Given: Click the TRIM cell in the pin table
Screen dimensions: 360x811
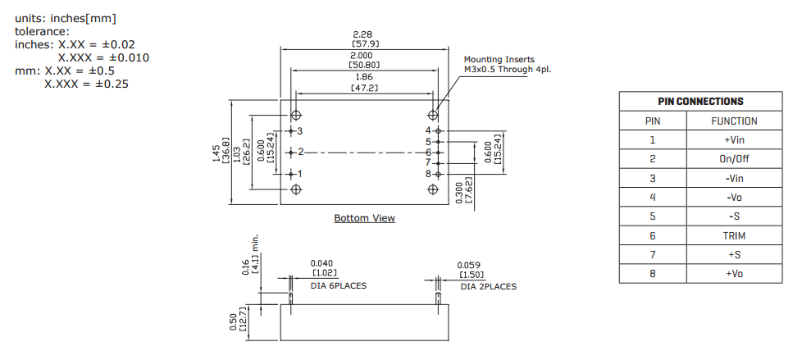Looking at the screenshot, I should tap(733, 235).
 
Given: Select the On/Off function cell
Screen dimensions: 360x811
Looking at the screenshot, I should tap(733, 159).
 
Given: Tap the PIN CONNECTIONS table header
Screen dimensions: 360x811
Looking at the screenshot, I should tap(700, 102).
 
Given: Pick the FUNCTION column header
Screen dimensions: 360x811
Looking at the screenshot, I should tap(733, 121).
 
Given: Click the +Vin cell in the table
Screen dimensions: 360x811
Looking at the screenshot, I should tap(733, 140).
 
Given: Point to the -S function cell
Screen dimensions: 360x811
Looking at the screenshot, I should tap(733, 216).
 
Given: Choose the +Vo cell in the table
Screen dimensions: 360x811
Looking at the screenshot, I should tap(733, 273).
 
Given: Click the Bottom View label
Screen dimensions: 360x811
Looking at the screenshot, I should tap(364, 218).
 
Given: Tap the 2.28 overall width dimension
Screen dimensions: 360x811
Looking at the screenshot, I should tap(364, 34).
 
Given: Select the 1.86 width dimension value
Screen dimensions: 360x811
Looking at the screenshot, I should tap(364, 76).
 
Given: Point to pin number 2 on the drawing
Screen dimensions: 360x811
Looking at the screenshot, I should tap(301, 152).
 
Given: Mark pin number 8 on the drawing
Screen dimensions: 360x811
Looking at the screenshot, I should tap(428, 173).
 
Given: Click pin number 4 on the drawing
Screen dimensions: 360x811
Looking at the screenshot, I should tap(428, 130).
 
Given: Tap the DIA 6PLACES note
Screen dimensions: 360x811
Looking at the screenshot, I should tap(338, 285).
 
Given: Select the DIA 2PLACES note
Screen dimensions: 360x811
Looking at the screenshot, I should tap(488, 286).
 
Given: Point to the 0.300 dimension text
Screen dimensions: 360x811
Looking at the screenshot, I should tap(458, 190).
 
